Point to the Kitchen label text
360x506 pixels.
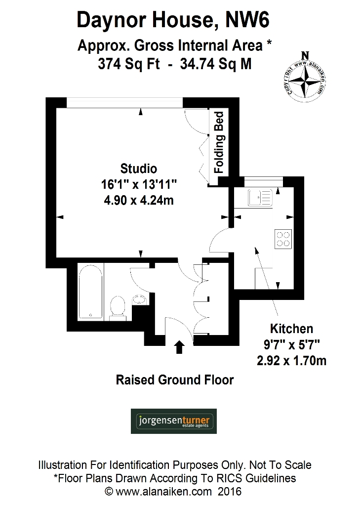pyautogui.click(x=291, y=329)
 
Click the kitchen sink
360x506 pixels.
pyautogui.click(x=260, y=198)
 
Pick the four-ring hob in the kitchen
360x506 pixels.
pyautogui.click(x=283, y=239)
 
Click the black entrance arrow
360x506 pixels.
pyautogui.click(x=179, y=347)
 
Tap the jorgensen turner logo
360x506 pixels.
pyautogui.click(x=173, y=421)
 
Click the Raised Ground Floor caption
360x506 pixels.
pyautogui.click(x=174, y=380)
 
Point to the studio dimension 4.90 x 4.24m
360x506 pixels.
pyautogui.click(x=139, y=201)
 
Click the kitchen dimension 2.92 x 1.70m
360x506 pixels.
pyautogui.click(x=291, y=361)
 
